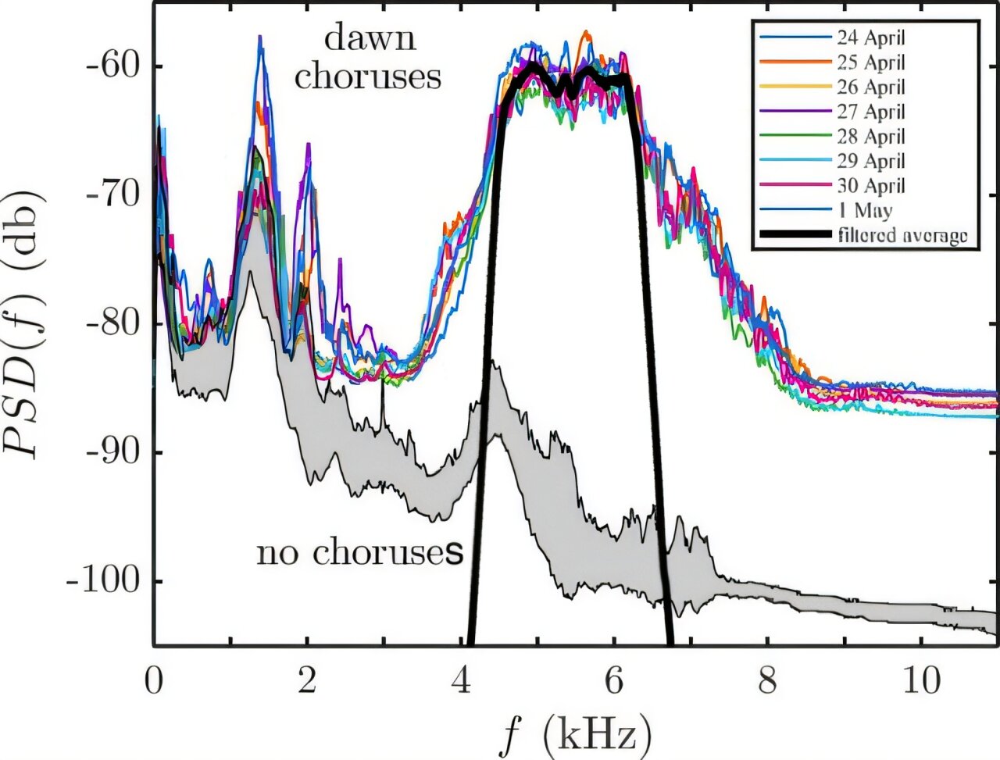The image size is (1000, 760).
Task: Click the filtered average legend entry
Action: pos(902,235)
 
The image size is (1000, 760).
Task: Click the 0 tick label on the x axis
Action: pos(154,682)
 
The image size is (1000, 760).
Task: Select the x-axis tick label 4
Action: pos(461,682)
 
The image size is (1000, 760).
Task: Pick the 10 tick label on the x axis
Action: pos(922,682)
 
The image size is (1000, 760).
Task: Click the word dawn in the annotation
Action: pos(370,37)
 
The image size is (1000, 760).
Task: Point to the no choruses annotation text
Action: pos(360,553)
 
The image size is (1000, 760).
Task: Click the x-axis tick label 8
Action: pos(768,682)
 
